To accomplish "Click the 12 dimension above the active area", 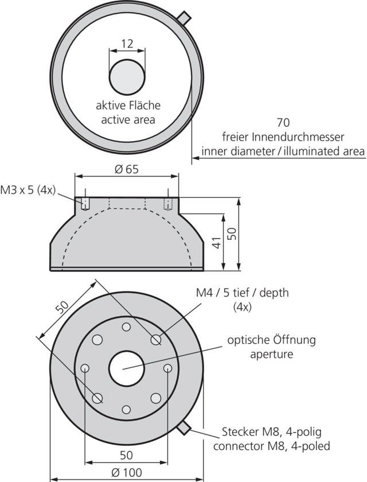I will click(x=127, y=44).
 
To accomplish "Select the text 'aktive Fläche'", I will click(x=128, y=106).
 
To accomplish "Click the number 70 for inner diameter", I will click(x=283, y=122).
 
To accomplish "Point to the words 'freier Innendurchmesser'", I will click(x=283, y=137).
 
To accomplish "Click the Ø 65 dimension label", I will click(x=127, y=169).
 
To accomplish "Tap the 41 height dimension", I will click(x=216, y=243).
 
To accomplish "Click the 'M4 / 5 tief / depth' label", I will click(x=242, y=293).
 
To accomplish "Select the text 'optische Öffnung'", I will click(x=271, y=340).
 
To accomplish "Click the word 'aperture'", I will click(x=271, y=354).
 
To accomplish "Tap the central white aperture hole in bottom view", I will click(x=126, y=368).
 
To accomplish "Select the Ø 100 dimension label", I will click(x=127, y=472).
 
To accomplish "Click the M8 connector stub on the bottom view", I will click(x=184, y=427).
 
